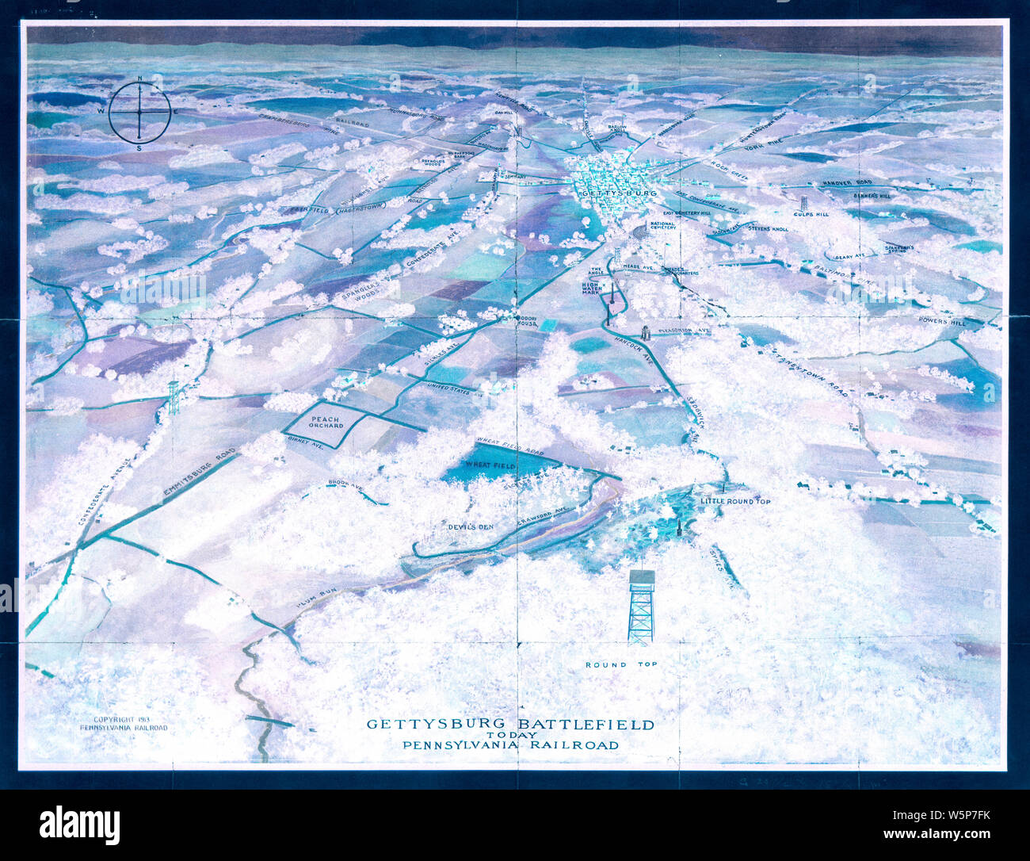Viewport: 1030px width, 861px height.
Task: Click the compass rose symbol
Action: coord(139,113)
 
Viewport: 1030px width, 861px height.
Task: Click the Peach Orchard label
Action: coord(326,422)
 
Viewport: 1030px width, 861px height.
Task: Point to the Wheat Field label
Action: coord(492,464)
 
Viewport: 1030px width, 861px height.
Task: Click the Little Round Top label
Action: coord(735,501)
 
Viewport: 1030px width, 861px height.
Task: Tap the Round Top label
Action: coord(617,664)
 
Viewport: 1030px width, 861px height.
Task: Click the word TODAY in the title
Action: coord(511,735)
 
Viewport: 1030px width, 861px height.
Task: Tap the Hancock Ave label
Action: coord(635,350)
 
